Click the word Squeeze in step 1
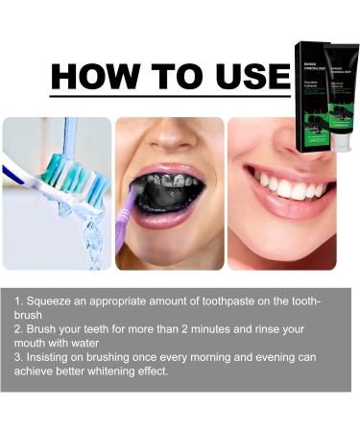click(50, 301)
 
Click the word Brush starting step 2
click(43, 328)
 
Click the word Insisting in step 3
click(52, 357)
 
